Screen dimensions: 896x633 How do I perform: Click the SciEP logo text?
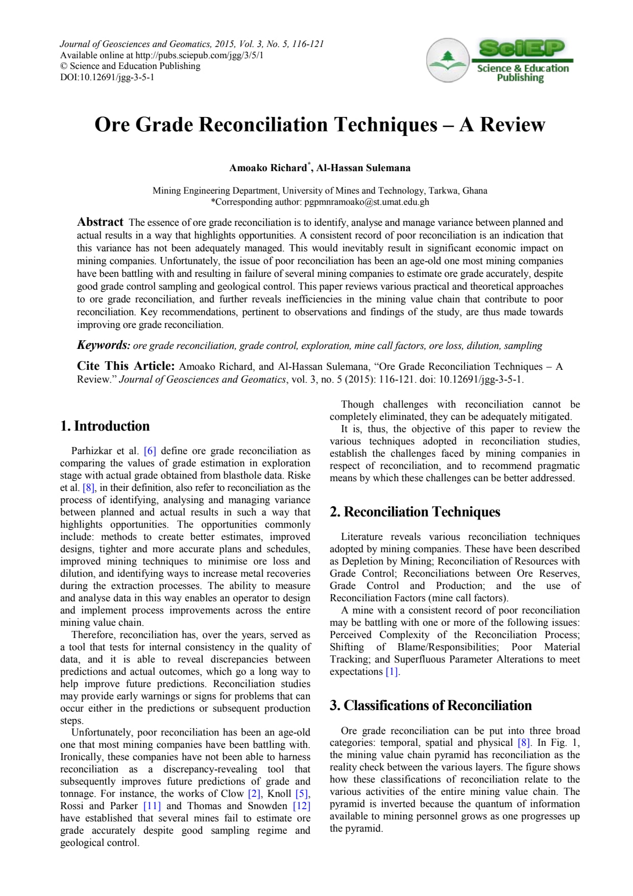(522, 48)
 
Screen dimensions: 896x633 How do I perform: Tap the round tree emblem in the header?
(448, 60)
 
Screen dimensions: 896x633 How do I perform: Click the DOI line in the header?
(107, 78)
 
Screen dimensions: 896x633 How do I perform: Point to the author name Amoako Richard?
(268, 168)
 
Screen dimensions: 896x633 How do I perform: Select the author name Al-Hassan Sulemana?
(363, 168)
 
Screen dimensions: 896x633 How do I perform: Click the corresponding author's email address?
(367, 202)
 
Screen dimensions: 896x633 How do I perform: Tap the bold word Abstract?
(100, 222)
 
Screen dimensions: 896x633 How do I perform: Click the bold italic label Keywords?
(104, 345)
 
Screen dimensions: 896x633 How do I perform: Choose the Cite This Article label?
(126, 366)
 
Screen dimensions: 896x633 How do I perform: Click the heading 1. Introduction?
(105, 426)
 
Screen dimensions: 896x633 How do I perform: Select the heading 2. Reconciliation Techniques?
(415, 512)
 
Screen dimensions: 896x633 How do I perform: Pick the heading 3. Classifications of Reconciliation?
(431, 705)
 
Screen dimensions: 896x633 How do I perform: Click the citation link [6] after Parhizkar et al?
(150, 451)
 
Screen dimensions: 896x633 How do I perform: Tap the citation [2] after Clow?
(254, 794)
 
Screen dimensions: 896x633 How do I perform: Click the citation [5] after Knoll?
(302, 794)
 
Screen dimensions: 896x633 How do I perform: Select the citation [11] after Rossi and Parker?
(152, 806)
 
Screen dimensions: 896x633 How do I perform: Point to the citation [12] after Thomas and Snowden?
(302, 806)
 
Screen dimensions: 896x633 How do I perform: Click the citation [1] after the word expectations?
(392, 672)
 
